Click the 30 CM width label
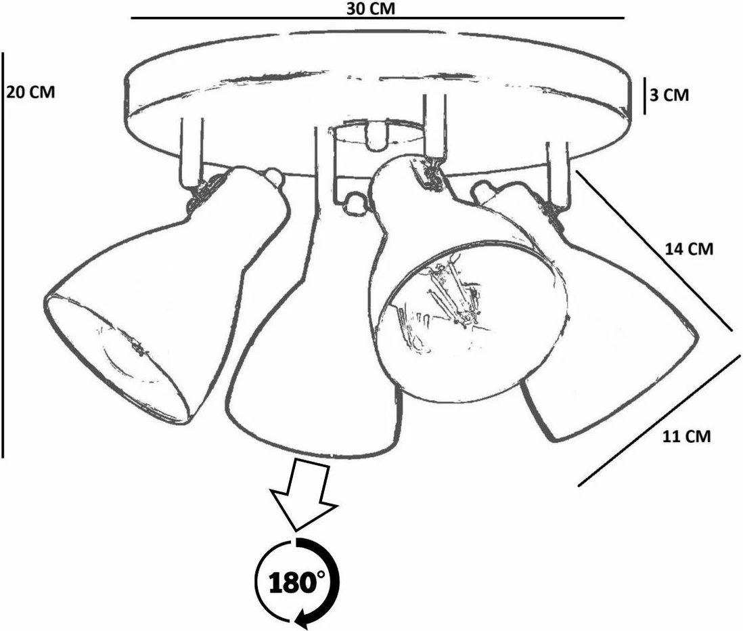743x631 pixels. [370, 8]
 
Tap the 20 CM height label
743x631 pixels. [31, 92]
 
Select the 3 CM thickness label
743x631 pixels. [669, 95]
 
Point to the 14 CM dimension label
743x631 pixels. [689, 248]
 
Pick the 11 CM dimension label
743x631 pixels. [687, 436]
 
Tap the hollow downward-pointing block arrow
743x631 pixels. [303, 494]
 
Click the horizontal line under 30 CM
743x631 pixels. [378, 18]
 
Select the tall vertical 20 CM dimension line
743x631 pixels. [3, 255]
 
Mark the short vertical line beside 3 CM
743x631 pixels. [644, 95]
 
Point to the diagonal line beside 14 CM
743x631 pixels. [655, 251]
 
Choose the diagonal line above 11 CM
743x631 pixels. [658, 420]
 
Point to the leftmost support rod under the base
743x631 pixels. [192, 152]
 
